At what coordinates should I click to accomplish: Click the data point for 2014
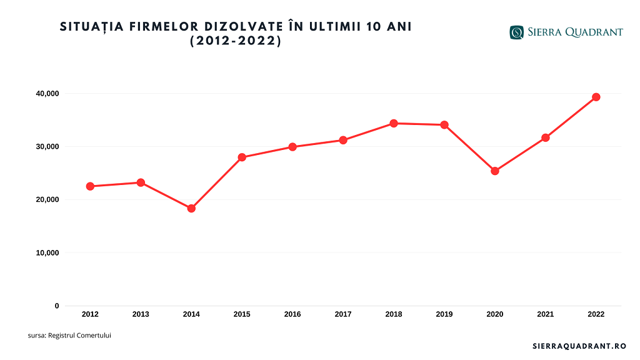coord(191,209)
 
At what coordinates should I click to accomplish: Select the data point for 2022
coord(596,97)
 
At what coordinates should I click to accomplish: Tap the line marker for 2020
coord(495,171)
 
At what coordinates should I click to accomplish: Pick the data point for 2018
coord(394,123)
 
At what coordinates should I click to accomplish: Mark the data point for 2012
coord(90,186)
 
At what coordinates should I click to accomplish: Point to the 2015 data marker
coord(242,157)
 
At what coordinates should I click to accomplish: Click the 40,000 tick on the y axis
coord(47,94)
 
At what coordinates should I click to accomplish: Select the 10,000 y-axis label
coord(47,253)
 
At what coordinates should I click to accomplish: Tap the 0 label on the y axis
coord(57,306)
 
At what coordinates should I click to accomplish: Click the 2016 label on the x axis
coord(292,314)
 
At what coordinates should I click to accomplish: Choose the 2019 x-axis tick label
coord(444,314)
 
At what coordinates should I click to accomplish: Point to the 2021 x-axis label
coord(546,314)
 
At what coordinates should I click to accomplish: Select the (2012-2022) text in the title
coord(236,42)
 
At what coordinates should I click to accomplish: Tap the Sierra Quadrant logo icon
coord(516,32)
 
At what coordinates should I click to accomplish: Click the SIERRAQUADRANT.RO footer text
coord(579,346)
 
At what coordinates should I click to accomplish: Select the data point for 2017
coord(343,140)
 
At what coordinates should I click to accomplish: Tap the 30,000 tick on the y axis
coord(47,147)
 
